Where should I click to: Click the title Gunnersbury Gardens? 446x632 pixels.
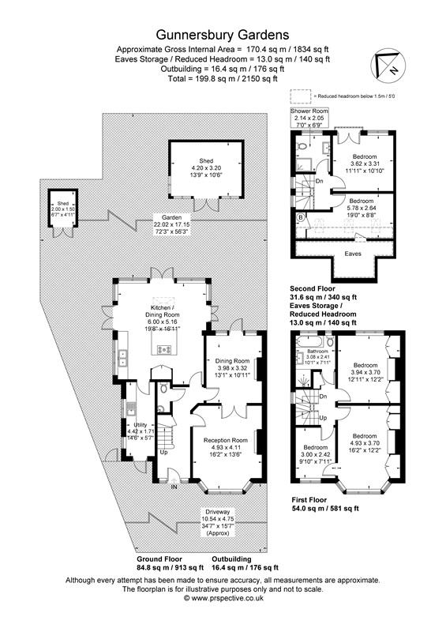222,34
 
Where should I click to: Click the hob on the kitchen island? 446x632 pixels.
167,348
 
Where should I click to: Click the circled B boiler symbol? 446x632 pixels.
299,215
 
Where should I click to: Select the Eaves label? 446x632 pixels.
353,254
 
